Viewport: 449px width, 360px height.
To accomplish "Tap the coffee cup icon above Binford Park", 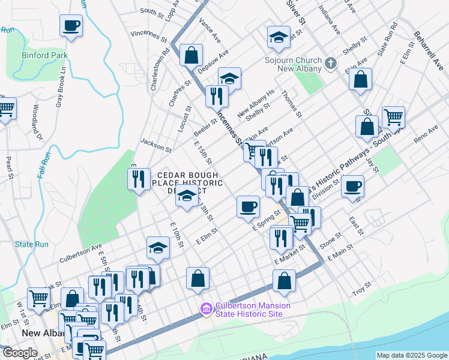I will [71, 26].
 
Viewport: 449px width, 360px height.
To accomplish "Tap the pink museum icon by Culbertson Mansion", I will [206, 309].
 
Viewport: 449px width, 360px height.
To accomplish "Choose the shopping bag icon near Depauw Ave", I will [191, 56].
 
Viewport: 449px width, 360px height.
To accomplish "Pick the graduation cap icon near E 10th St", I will [158, 247].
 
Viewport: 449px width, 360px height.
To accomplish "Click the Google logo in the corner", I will [20, 353].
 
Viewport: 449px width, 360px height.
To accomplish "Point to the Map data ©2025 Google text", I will [411, 355].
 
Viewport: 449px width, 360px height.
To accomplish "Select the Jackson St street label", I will [155, 144].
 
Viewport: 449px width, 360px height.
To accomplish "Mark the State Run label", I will [32, 244].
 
